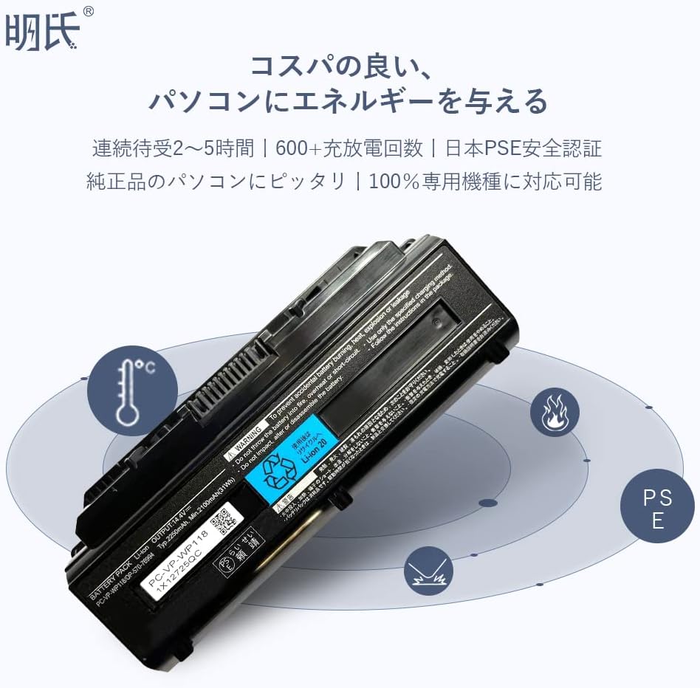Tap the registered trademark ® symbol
coord(88,11)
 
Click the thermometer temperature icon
coord(132,391)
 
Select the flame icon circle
coord(555,412)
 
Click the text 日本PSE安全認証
coord(524,148)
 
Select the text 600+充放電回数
coord(349,148)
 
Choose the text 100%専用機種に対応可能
coord(485,181)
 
